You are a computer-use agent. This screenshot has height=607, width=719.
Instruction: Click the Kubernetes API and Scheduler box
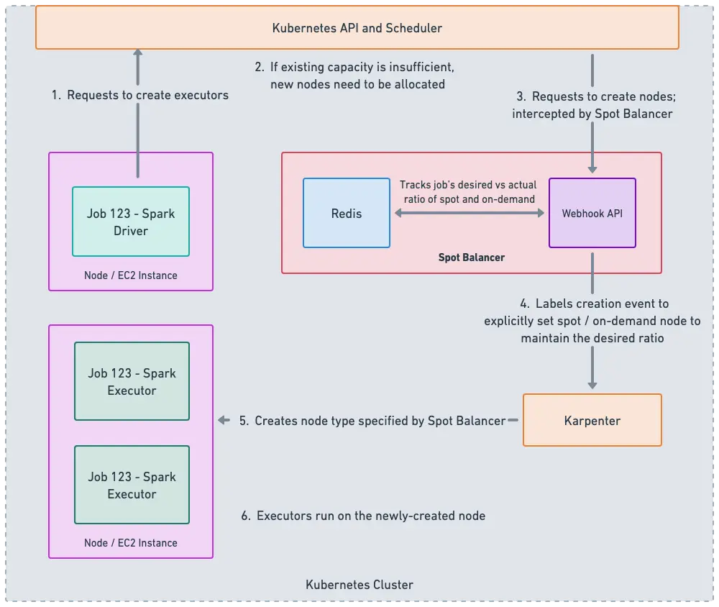tap(357, 28)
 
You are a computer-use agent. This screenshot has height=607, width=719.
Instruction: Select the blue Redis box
tap(346, 213)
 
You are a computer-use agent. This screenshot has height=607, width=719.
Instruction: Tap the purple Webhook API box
tap(592, 213)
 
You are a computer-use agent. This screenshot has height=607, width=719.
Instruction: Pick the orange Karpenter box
tap(592, 420)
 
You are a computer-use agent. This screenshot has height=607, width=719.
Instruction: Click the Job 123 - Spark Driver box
tap(131, 222)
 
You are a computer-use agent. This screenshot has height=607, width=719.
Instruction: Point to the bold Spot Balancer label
tap(471, 257)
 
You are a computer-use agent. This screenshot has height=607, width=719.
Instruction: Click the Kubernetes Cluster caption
tap(359, 585)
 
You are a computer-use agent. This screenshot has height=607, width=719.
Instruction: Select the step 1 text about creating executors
tap(140, 95)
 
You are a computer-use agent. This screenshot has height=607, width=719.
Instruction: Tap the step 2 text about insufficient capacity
tap(355, 76)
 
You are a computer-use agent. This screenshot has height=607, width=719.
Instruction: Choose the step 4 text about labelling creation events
tap(592, 321)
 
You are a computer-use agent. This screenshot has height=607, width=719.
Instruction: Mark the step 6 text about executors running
tap(363, 516)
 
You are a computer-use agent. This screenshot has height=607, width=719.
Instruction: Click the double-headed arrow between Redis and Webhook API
tap(470, 214)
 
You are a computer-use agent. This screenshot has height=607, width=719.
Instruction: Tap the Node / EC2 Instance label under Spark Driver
tap(131, 275)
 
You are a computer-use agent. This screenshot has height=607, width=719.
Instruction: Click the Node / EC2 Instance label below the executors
tap(131, 543)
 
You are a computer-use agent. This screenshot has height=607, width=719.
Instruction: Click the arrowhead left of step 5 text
tap(224, 421)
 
